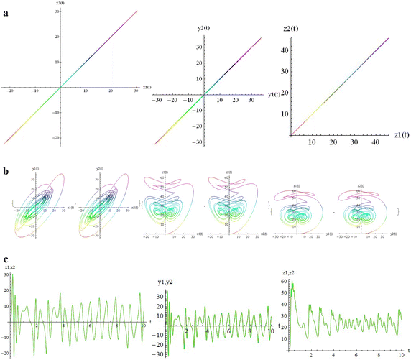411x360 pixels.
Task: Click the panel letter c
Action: tap(6, 259)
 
